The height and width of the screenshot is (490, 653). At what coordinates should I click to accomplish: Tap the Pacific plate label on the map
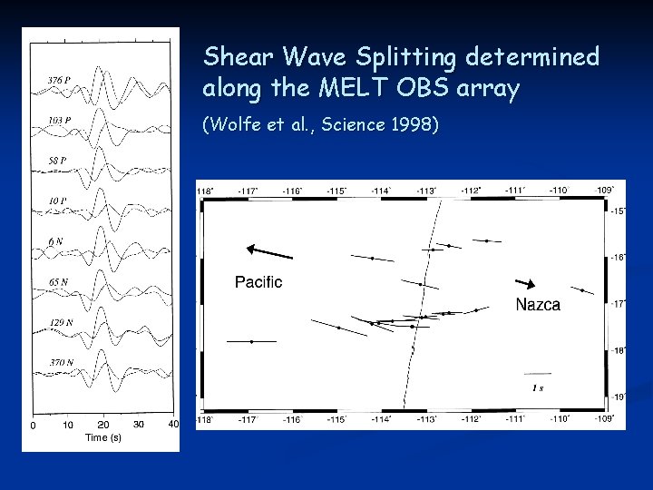[258, 282]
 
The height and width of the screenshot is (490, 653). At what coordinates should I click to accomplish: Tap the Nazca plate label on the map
[538, 305]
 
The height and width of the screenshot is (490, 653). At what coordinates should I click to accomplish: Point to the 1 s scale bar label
[538, 388]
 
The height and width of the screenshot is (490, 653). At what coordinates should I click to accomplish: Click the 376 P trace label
[60, 81]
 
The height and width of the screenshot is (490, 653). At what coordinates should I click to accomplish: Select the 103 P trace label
[60, 121]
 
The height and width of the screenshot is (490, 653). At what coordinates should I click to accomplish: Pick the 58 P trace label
[57, 161]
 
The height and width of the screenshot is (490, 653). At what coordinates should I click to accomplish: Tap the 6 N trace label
[55, 241]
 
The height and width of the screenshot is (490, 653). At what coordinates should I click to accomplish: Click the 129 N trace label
[61, 322]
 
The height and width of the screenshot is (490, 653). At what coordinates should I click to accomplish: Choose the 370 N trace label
[61, 363]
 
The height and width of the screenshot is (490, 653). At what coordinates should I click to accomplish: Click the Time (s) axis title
[102, 437]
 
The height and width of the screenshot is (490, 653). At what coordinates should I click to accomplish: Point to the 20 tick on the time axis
[102, 425]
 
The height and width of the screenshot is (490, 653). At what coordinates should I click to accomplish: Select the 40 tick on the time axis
[173, 424]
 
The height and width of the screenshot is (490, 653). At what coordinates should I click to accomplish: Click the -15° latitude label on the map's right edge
[617, 211]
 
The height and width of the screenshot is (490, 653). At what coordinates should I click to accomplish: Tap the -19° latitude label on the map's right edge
[617, 397]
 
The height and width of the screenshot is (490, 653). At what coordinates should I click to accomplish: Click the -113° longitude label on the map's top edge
[425, 191]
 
